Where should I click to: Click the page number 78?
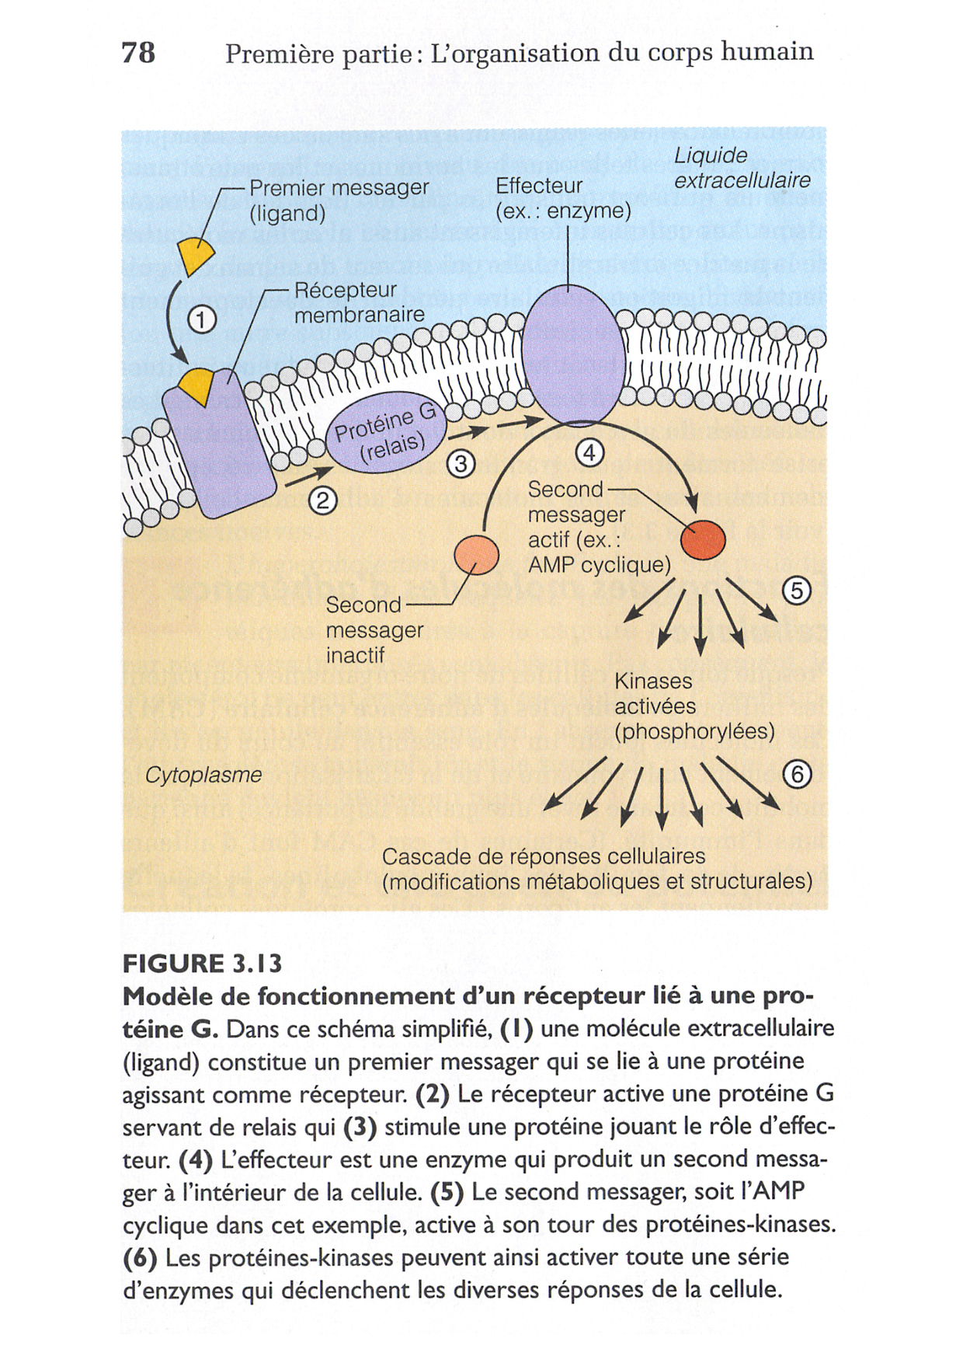(138, 52)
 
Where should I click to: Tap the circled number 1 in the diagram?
(202, 320)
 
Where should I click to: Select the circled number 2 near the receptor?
(323, 501)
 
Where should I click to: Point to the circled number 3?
(461, 464)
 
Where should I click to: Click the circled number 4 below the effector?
(590, 453)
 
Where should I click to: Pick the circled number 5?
(797, 591)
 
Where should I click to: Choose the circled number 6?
(797, 774)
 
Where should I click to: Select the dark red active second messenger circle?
(703, 539)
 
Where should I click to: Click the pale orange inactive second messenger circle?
(476, 555)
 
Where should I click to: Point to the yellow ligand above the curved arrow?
(196, 254)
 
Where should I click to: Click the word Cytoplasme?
(203, 775)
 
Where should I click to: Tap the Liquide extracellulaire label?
(741, 168)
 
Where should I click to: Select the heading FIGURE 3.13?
(202, 964)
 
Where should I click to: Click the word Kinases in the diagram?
(653, 681)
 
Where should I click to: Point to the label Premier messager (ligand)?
(339, 200)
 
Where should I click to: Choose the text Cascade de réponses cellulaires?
(543, 856)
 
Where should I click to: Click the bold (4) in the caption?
(195, 1160)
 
